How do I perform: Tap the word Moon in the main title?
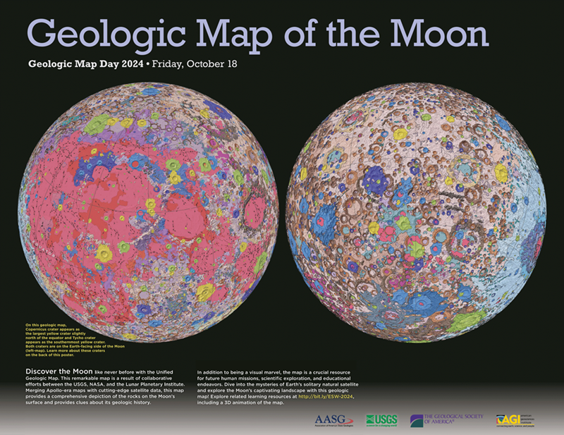point(431,32)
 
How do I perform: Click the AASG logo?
point(331,420)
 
